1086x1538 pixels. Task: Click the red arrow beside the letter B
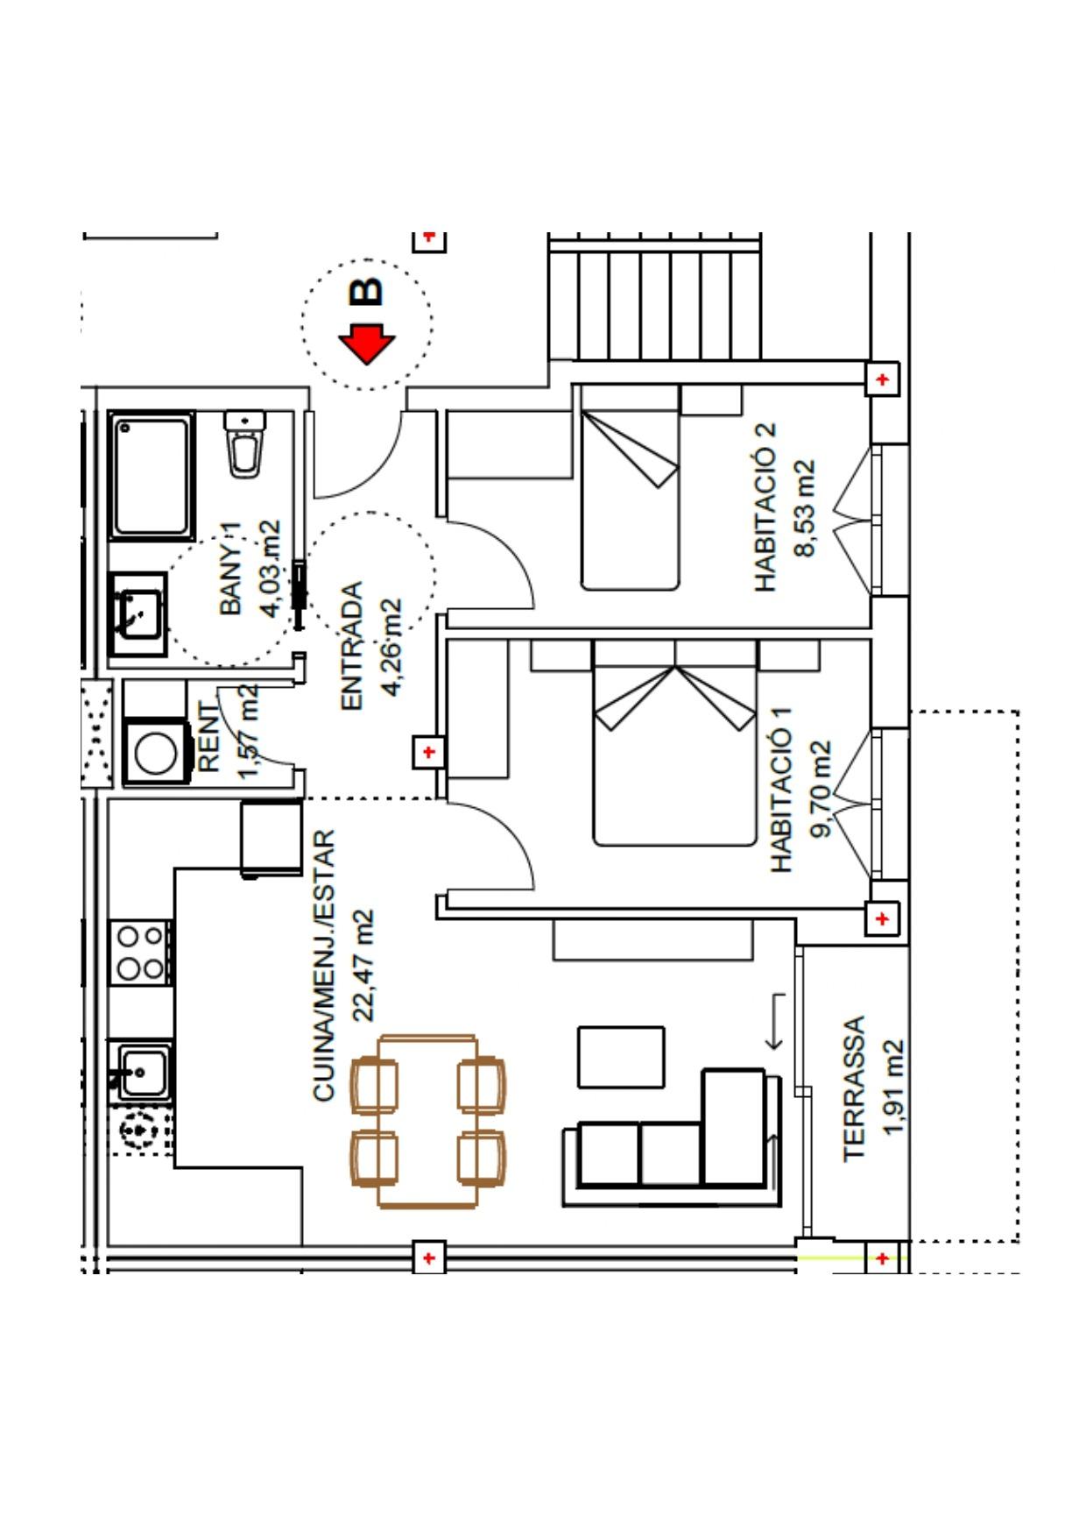pos(367,344)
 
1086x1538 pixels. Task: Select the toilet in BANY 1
pos(244,444)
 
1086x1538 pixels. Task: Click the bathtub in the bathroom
pos(152,476)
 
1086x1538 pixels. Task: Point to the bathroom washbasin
pos(138,614)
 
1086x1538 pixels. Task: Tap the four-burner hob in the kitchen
pos(140,952)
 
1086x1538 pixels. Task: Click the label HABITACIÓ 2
pos(765,507)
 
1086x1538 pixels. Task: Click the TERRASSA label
pos(854,1089)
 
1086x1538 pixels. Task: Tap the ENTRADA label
pos(351,646)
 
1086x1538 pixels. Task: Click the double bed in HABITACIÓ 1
pos(674,743)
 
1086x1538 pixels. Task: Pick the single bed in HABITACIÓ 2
pos(630,487)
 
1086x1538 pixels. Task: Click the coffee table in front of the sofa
pos(621,1057)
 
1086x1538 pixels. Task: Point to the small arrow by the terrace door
pos(774,1022)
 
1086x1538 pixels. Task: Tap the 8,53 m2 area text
pos(805,508)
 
